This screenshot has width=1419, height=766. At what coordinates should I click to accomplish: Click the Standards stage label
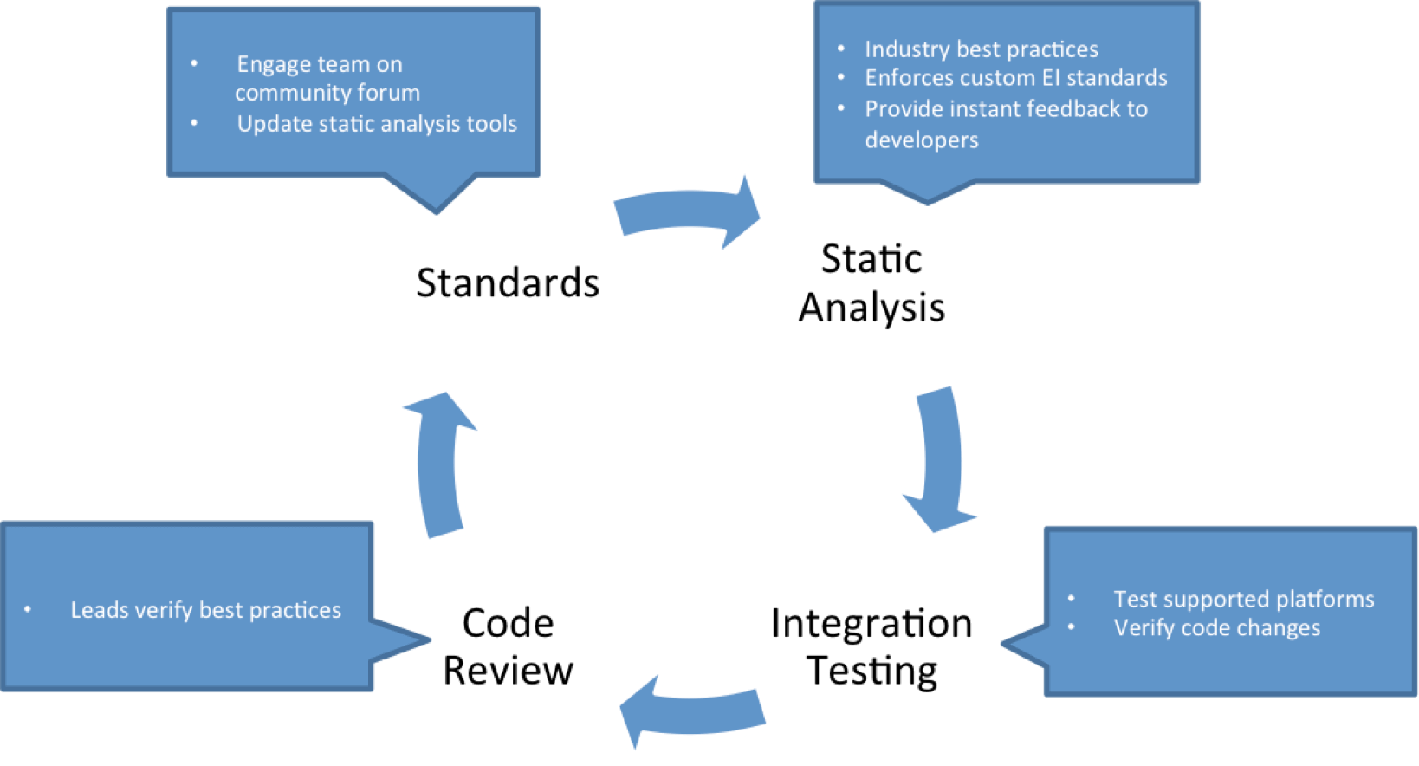508,283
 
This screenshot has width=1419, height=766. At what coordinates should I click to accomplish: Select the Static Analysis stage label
871,283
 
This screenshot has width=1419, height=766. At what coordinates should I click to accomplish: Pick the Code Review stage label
508,647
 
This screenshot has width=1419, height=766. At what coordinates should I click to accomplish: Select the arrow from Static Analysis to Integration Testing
941,459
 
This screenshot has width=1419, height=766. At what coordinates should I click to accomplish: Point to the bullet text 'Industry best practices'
981,49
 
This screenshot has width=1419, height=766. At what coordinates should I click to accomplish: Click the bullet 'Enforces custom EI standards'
1015,78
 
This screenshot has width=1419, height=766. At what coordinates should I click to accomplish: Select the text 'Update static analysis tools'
377,124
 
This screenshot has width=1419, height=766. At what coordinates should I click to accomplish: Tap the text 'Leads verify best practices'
205,610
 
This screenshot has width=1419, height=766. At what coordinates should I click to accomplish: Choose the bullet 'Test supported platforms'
1243,600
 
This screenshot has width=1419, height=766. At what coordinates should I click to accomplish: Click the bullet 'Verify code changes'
1216,628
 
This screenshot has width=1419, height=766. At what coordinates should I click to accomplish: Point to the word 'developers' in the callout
922,140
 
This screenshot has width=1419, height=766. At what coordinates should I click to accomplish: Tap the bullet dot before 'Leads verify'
28,610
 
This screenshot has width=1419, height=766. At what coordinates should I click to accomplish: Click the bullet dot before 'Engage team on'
194,64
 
